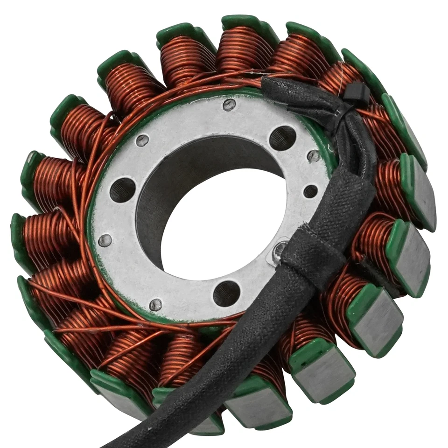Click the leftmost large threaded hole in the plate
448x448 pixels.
[x=122, y=189]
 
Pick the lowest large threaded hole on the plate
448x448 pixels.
[x=226, y=294]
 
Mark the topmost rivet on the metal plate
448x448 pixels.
[x=229, y=105]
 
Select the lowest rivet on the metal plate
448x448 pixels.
[x=156, y=305]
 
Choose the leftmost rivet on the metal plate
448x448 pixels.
[x=105, y=240]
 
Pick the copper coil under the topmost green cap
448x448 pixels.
[x=240, y=51]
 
